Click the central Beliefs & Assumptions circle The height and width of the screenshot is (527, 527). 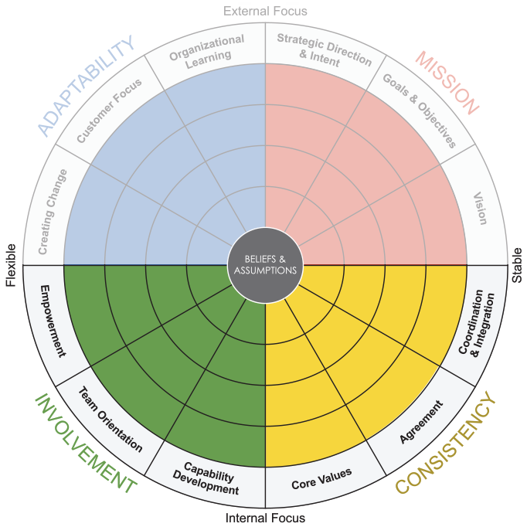tap(265, 264)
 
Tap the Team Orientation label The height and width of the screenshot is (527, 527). tap(110, 420)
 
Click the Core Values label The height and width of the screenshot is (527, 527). tap(321, 479)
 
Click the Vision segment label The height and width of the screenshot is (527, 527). tap(480, 207)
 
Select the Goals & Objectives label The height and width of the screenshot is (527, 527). tap(421, 111)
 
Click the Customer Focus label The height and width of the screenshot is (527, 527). tap(110, 110)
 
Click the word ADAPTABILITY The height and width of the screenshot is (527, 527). tap(90, 86)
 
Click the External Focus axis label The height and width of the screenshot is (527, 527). tap(265, 11)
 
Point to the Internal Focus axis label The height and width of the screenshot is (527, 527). tap(265, 518)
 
